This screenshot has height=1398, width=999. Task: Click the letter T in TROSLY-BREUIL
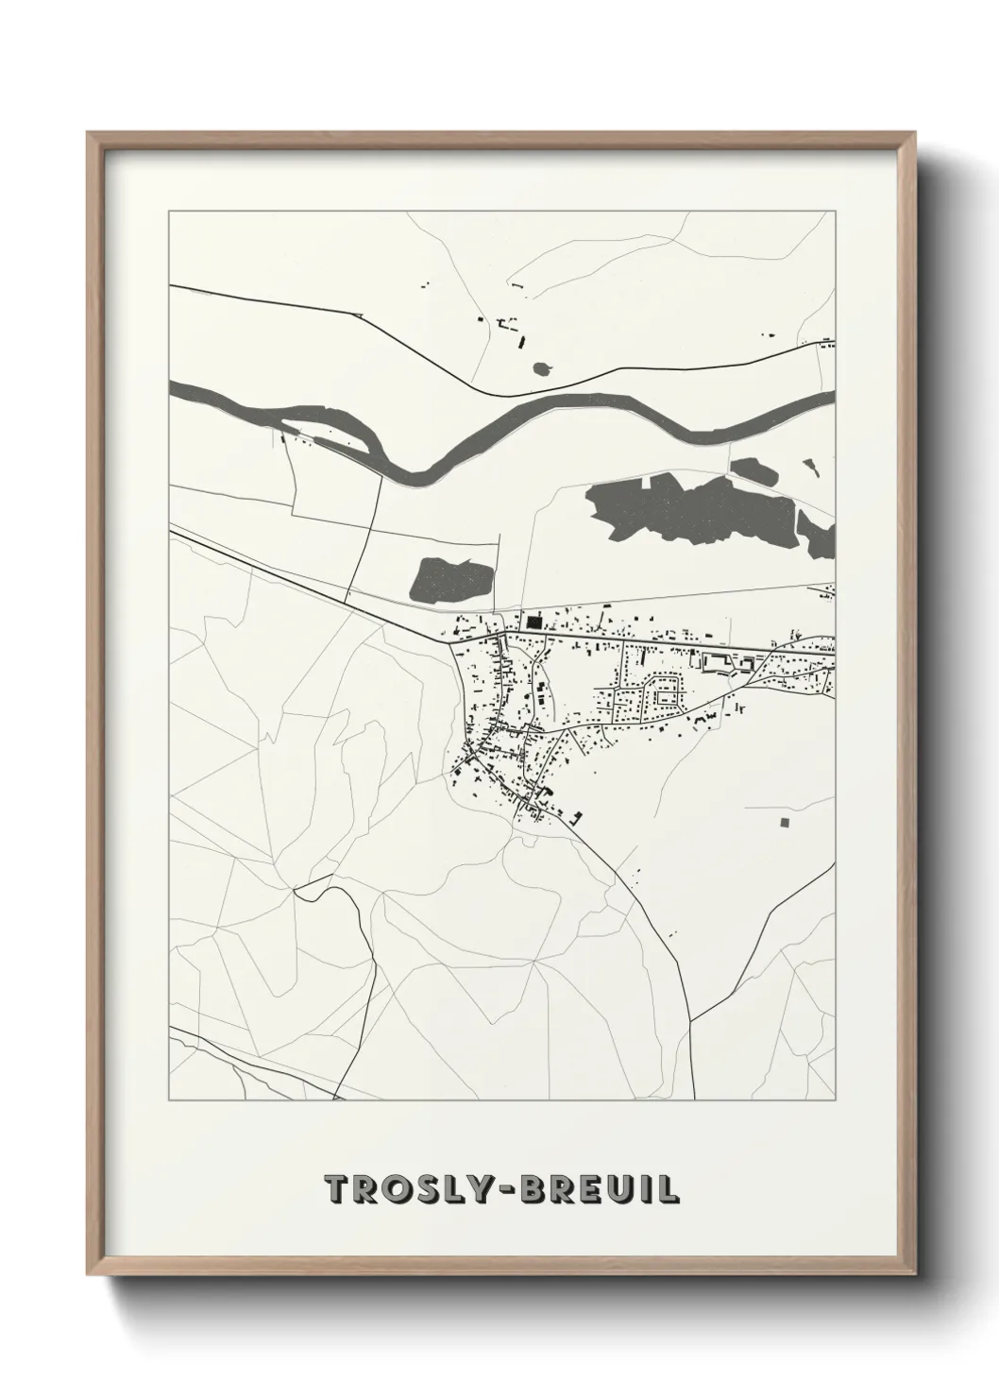pos(335,1189)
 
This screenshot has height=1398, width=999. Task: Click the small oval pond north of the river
pos(543,367)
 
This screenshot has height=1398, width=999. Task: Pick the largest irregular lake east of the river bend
pos(689,510)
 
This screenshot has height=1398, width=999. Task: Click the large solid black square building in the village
pos(534,622)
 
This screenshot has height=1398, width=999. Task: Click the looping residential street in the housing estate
pos(667,693)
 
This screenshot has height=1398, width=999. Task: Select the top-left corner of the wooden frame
pos(90,133)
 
